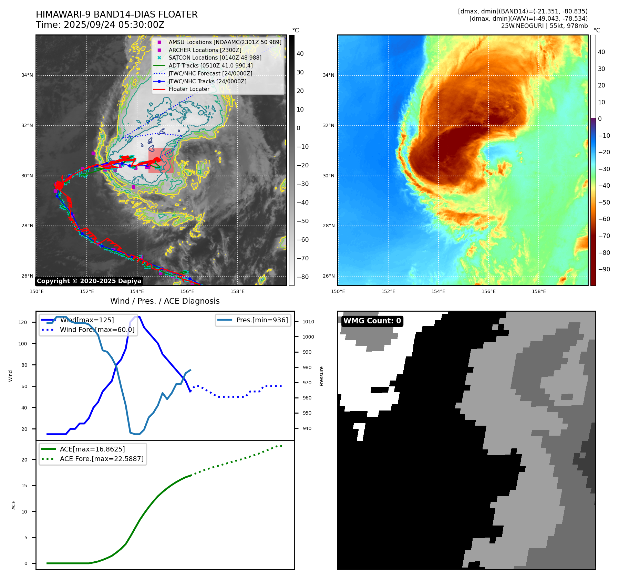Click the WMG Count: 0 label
372,321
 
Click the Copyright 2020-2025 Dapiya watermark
89,281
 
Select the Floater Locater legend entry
189,89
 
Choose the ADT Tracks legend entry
210,65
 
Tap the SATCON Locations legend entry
215,58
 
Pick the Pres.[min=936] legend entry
262,320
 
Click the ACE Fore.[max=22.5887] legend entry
102,459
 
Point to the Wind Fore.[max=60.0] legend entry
97,330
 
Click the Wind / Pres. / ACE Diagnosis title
165,301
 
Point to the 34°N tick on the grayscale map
27,75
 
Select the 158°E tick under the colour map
539,291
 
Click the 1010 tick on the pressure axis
308,322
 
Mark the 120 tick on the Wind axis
23,322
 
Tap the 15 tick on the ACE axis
24,486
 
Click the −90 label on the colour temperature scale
604,269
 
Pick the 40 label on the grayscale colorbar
300,54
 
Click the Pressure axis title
321,376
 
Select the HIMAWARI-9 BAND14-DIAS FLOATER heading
117,14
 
